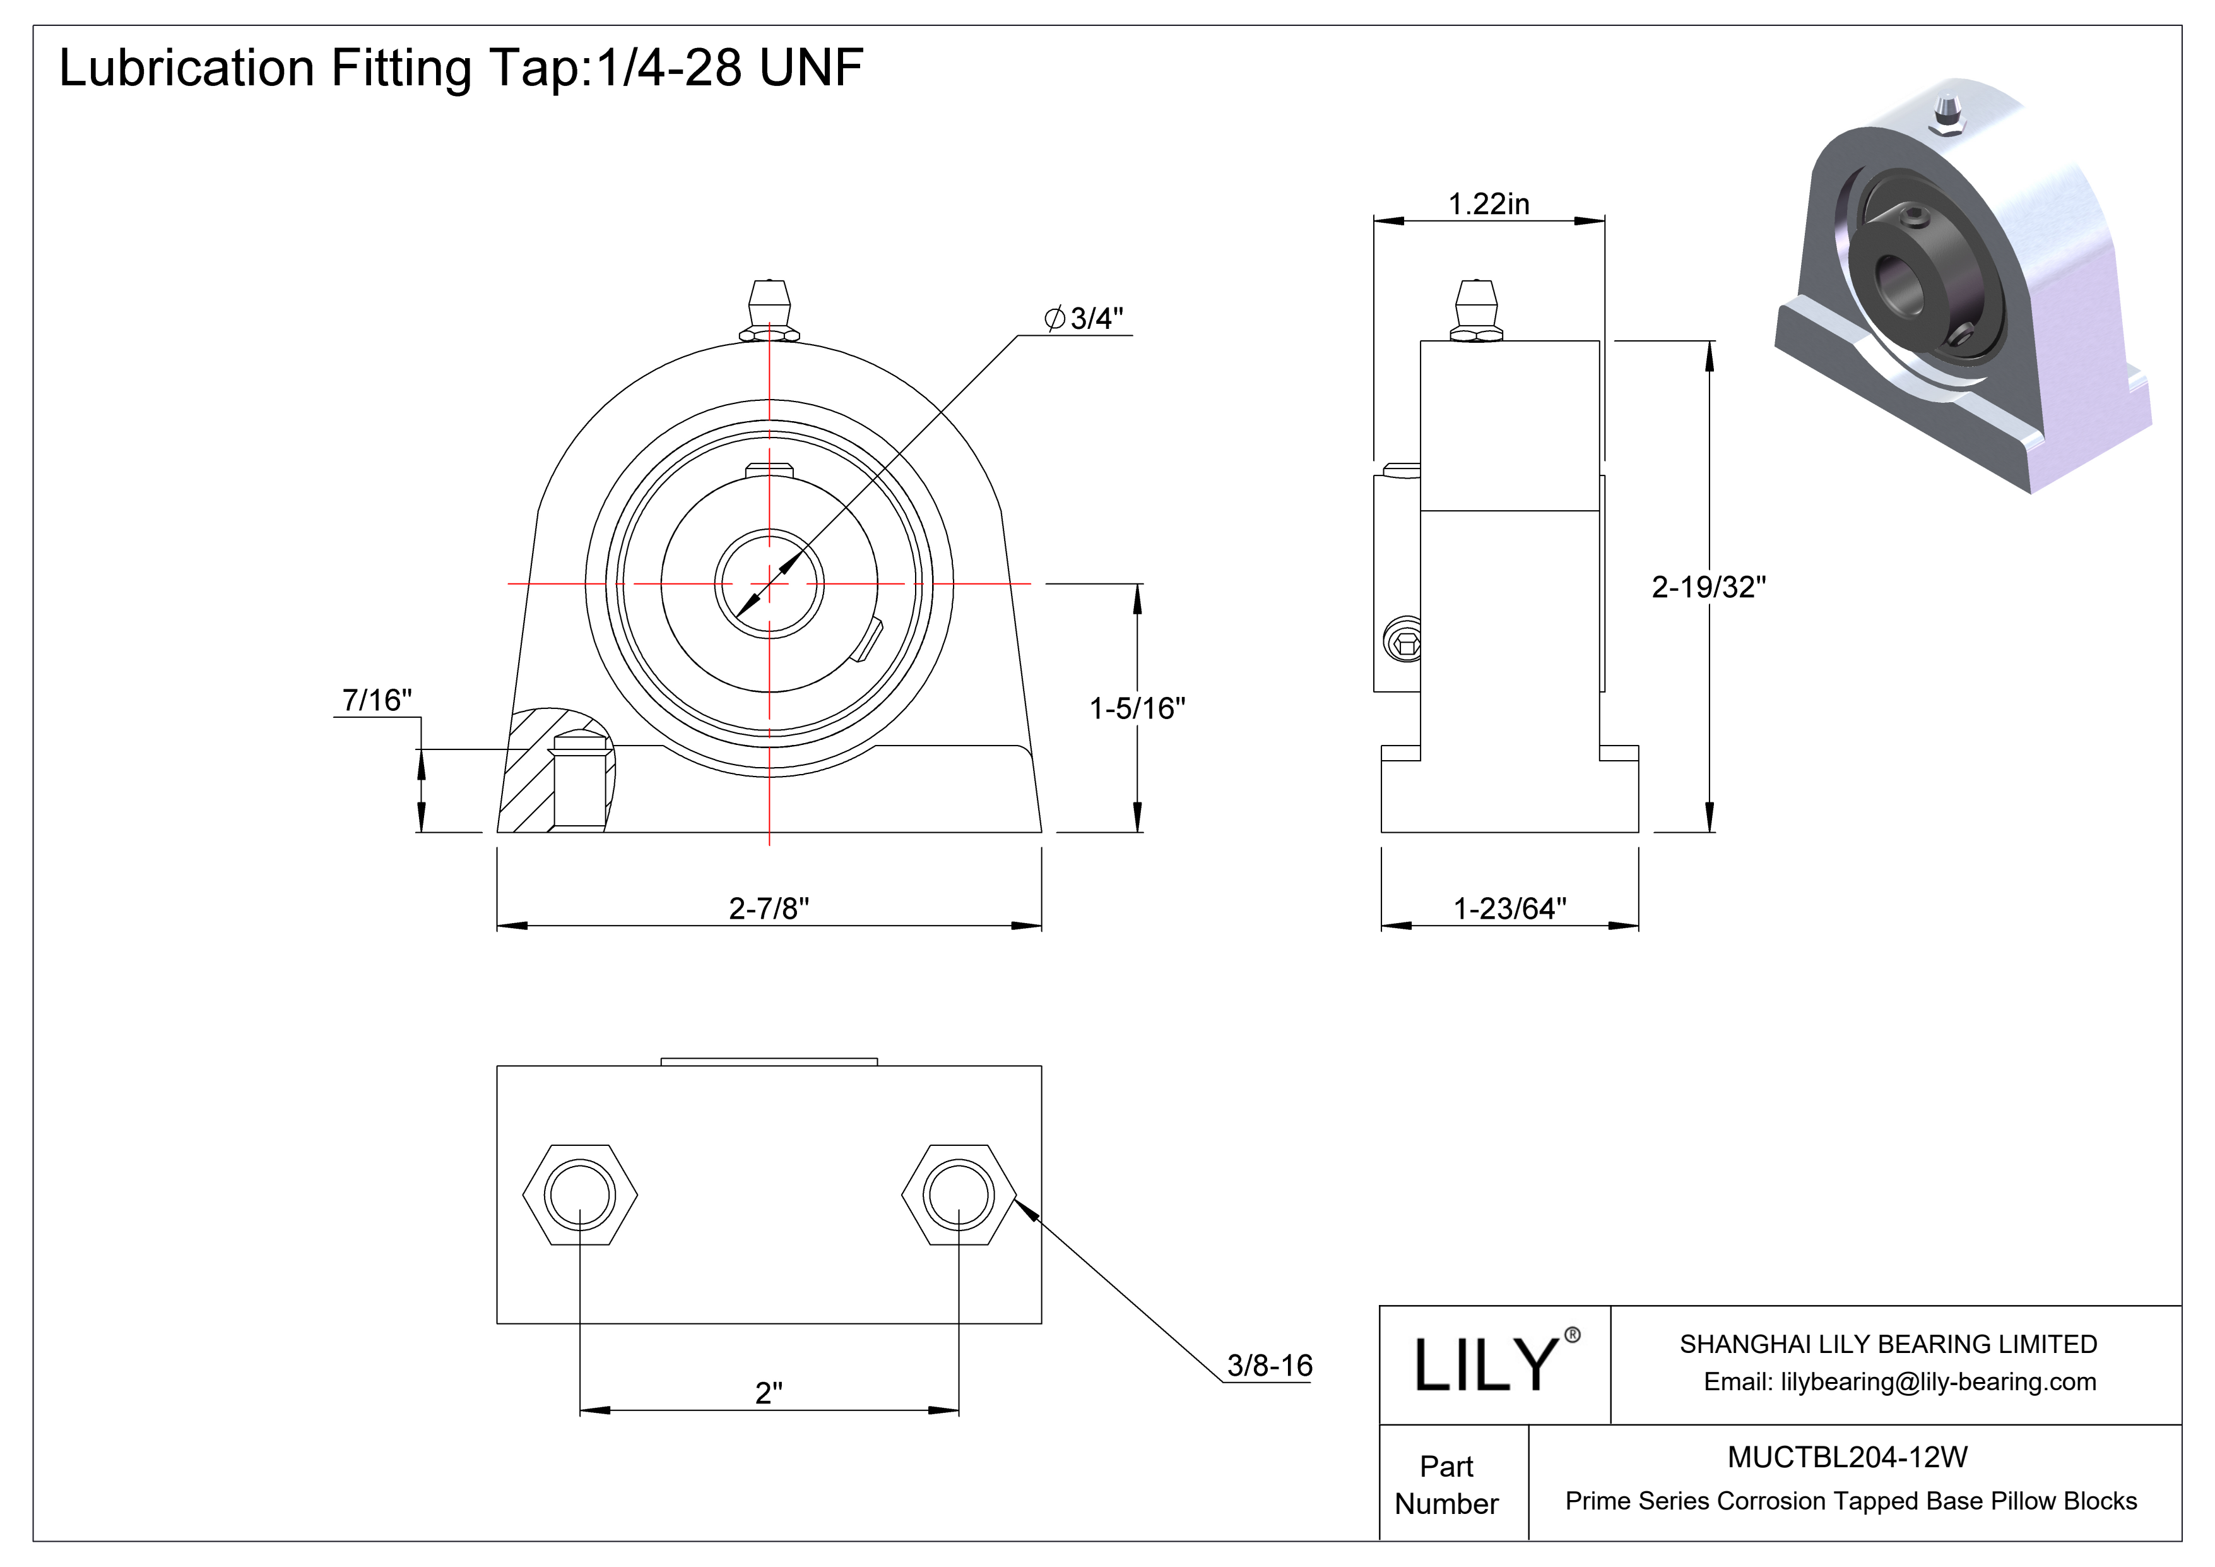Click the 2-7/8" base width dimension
(768, 908)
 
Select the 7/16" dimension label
(376, 700)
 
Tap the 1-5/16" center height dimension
(1137, 708)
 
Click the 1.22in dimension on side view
(1489, 203)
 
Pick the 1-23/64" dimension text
(1509, 908)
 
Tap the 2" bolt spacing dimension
(768, 1392)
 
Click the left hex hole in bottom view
(580, 1196)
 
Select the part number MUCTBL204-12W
(1846, 1457)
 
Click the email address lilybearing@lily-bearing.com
(1899, 1382)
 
